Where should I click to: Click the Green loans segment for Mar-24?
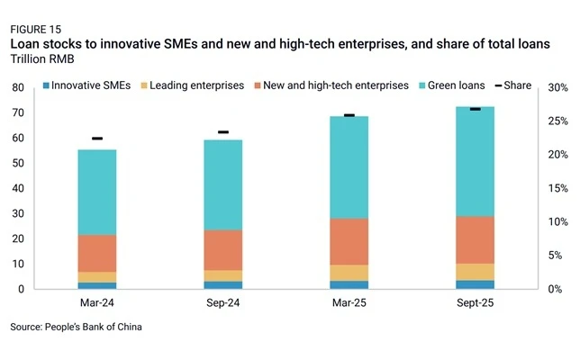pyautogui.click(x=97, y=193)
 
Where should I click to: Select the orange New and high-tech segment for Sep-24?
pyautogui.click(x=223, y=250)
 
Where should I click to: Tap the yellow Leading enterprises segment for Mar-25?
pyautogui.click(x=349, y=273)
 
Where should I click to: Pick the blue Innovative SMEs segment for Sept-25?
pyautogui.click(x=476, y=284)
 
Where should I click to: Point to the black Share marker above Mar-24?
pyautogui.click(x=97, y=139)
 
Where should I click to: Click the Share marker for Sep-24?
pyautogui.click(x=223, y=132)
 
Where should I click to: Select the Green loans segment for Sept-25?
pyautogui.click(x=476, y=161)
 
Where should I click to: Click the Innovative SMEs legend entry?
pyautogui.click(x=87, y=85)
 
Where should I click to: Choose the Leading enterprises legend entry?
pyautogui.click(x=193, y=85)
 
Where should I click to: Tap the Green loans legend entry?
pyautogui.click(x=452, y=85)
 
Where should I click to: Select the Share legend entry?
pyautogui.click(x=513, y=85)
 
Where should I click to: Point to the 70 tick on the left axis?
pyautogui.click(x=18, y=112)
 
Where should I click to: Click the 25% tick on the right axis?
pyautogui.click(x=558, y=121)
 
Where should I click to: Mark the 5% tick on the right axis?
pyautogui.click(x=555, y=256)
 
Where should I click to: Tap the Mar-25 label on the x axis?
pyautogui.click(x=349, y=303)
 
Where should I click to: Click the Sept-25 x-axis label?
pyautogui.click(x=476, y=303)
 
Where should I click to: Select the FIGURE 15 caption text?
pyautogui.click(x=36, y=30)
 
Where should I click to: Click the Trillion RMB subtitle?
pyautogui.click(x=42, y=59)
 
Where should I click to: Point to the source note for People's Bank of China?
pyautogui.click(x=77, y=327)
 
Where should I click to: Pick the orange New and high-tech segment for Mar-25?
pyautogui.click(x=349, y=242)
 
